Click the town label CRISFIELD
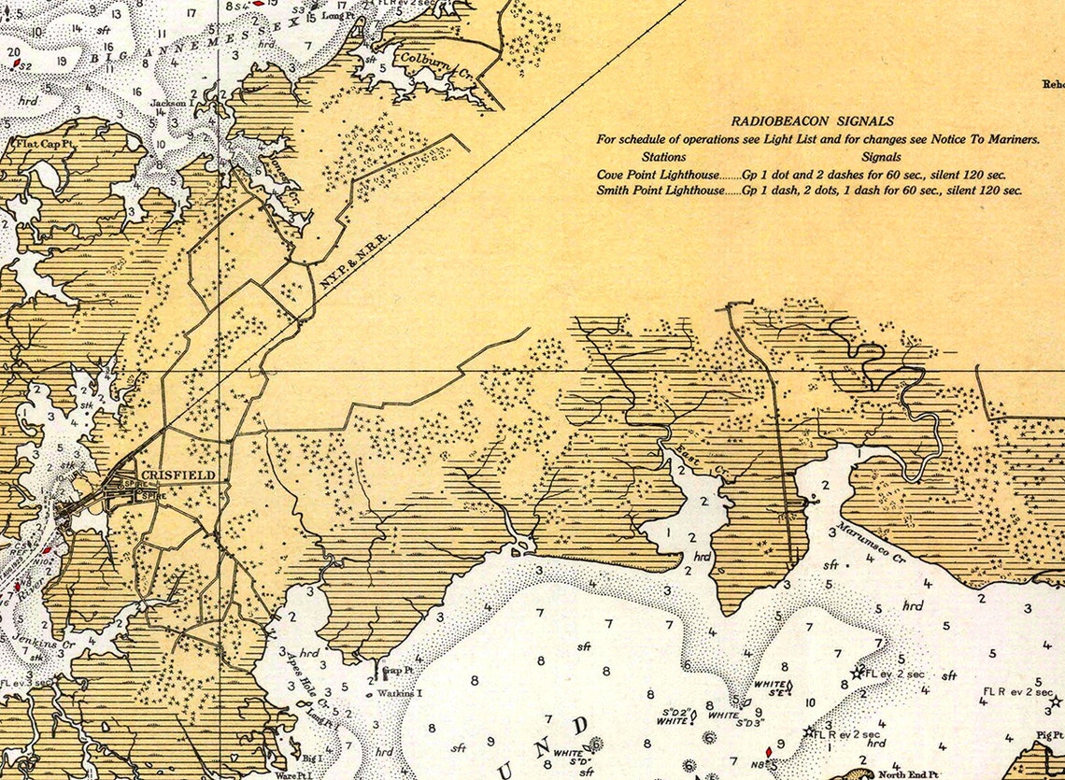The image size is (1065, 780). [177, 475]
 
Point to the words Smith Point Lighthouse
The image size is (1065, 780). [660, 190]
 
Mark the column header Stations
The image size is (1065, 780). [664, 157]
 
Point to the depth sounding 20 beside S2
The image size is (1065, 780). [14, 53]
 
